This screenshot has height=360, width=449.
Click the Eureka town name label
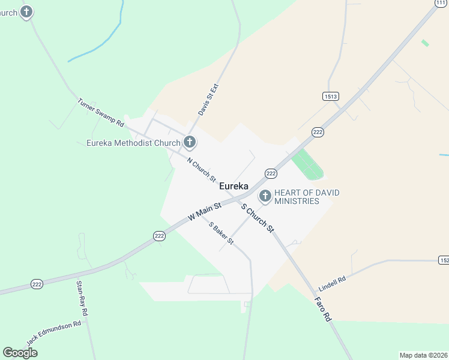pos(234,186)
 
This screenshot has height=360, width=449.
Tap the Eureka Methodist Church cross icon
pos(190,142)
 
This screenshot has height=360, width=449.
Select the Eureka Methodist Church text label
pos(133,143)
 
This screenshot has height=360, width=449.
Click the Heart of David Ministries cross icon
pos(265,196)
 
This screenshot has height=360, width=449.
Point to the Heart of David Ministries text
pos(306,197)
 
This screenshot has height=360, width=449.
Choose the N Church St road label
pos(201,169)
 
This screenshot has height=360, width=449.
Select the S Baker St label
pos(221,233)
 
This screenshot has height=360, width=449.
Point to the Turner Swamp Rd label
pos(100,112)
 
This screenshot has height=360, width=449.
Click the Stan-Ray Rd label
pos(82,298)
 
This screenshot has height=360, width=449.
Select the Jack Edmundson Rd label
pos(53,333)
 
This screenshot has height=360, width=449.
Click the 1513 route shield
pos(330,96)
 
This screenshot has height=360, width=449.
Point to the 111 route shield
pos(442,3)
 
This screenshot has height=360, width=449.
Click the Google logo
pos(20,353)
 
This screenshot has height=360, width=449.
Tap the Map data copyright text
pos(424,355)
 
